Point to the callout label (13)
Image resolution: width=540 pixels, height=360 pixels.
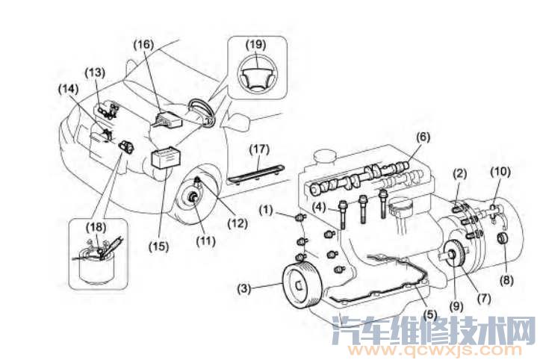[x=94, y=73]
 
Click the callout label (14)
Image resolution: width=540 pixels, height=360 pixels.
[x=68, y=88]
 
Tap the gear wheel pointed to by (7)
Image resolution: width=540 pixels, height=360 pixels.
[x=455, y=262]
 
